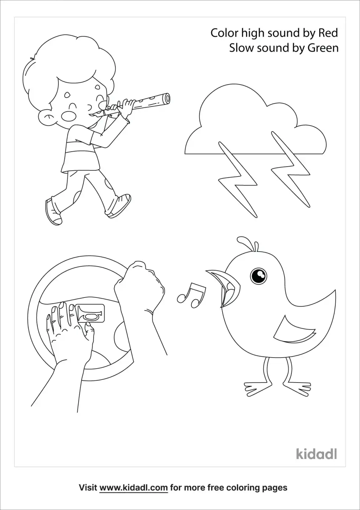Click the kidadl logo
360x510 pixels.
[x=317, y=453]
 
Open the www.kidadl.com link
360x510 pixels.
[x=133, y=488]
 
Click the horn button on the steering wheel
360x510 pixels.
[x=90, y=314]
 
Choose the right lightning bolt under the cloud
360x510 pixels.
[x=291, y=170]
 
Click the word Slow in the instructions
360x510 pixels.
[x=242, y=48]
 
